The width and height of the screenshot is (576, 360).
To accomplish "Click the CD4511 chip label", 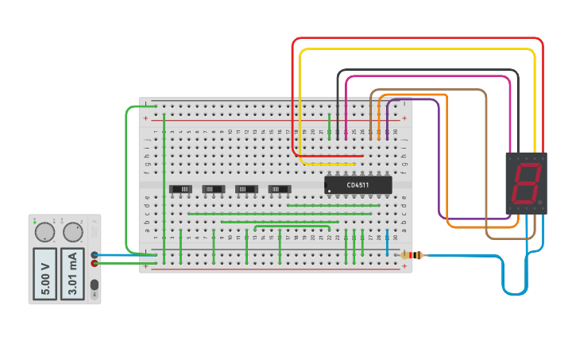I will [358, 185].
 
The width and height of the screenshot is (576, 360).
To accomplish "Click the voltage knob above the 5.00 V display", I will [44, 232].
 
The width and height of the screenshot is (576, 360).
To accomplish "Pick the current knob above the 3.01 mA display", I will [72, 232].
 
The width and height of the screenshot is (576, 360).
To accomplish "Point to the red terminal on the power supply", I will [95, 263].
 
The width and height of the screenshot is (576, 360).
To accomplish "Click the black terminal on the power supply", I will [95, 255].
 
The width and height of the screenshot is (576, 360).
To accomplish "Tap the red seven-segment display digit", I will [526, 184].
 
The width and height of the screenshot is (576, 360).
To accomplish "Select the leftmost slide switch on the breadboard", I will [182, 188].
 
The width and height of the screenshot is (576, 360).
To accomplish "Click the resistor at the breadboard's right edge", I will [411, 255].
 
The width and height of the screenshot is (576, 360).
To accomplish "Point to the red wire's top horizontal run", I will [417, 38].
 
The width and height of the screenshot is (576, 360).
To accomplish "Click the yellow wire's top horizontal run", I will [417, 49].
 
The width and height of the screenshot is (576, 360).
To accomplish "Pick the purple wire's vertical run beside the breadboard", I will [439, 159].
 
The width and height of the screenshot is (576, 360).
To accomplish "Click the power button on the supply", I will [95, 285].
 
